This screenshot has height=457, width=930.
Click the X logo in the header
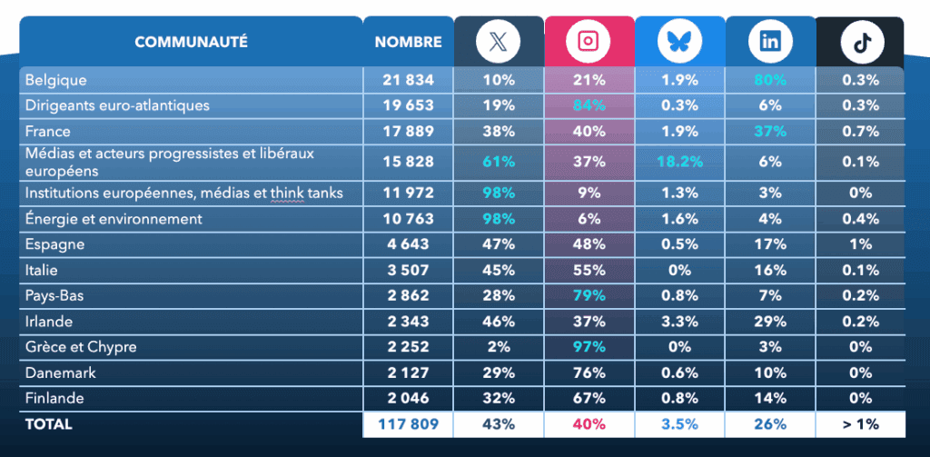499,41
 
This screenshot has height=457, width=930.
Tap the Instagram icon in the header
589,41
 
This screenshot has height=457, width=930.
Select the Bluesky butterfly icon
679,41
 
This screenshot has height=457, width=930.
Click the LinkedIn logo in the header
770,41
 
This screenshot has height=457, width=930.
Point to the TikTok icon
860,41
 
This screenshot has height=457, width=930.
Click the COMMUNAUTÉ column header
191,42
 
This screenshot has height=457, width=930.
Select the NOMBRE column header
408,42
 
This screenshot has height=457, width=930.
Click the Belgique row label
55,80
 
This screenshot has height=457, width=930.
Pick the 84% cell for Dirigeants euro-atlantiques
589,105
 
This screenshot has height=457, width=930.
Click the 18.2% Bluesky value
679,162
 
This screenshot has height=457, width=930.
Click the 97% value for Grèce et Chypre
589,347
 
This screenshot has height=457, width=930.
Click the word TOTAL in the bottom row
49,424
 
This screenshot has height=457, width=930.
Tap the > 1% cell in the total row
860,424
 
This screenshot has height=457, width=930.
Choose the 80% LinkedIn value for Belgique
770,80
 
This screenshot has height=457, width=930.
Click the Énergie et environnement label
114,219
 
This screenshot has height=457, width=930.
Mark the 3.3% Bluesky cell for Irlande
679,322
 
